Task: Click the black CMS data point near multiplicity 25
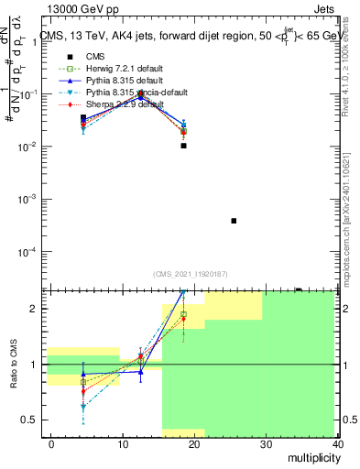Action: [234, 221]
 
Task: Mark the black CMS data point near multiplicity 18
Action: [184, 146]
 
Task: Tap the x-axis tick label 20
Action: [195, 443]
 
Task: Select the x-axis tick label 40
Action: [338, 443]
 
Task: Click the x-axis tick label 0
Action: [51, 443]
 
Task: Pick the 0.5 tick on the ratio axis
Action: [28, 420]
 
